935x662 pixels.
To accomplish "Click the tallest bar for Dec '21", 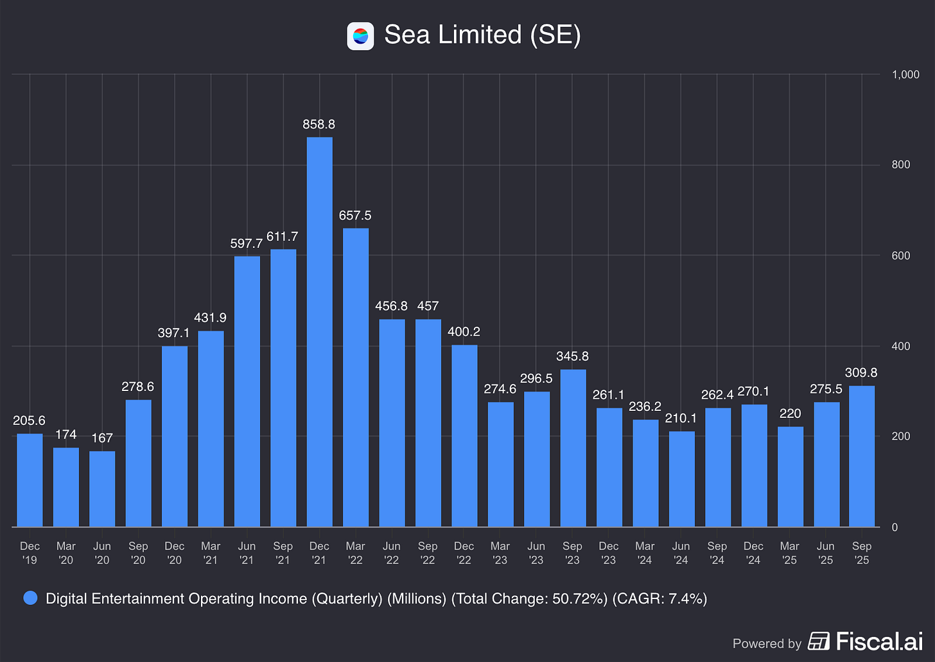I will (x=319, y=332).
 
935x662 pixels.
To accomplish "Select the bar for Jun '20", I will (x=102, y=489).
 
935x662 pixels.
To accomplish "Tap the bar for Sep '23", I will (x=573, y=448).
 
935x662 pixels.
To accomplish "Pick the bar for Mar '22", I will (x=356, y=378).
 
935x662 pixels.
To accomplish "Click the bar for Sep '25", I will (x=862, y=457).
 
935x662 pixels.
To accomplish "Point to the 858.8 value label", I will (x=319, y=125).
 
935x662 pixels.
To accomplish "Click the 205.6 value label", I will (x=30, y=421).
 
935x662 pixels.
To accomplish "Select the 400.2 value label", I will (x=464, y=332).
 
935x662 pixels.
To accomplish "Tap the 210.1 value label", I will (x=681, y=418).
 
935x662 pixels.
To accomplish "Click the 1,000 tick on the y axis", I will (x=905, y=74).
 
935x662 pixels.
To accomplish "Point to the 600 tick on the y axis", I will (x=901, y=256).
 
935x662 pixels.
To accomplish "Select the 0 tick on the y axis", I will (x=896, y=527).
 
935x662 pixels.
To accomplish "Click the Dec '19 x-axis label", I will (x=30, y=553).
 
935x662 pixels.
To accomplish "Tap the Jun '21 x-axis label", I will (x=247, y=553).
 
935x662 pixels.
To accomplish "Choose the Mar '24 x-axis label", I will (x=645, y=553).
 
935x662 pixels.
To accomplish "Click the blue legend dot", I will (x=30, y=598).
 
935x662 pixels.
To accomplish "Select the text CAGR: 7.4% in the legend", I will (x=660, y=599).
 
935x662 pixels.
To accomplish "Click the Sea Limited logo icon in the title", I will (x=360, y=36).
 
